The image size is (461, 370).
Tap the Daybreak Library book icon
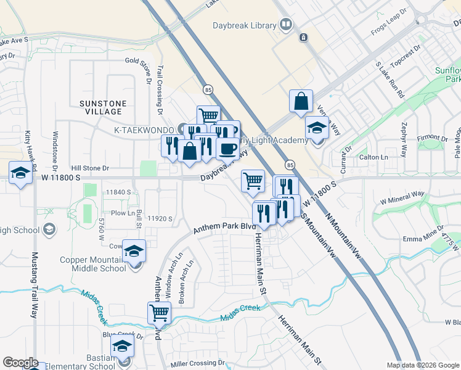pyautogui.click(x=285, y=25)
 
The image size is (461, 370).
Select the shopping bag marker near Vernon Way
pyautogui.click(x=301, y=102)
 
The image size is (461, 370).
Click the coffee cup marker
pyautogui.click(x=227, y=149)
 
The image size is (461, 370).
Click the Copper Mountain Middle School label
pyautogui.click(x=92, y=264)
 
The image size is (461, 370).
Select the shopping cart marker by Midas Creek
pyautogui.click(x=159, y=313)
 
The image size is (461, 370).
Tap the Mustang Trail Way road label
pyautogui.click(x=35, y=284)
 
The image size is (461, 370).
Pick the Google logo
pyautogui.click(x=21, y=363)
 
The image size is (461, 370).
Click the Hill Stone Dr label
pyautogui.click(x=90, y=168)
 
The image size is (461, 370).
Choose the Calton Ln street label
pyautogui.click(x=373, y=157)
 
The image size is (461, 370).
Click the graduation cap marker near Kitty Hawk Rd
pyautogui.click(x=20, y=173)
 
